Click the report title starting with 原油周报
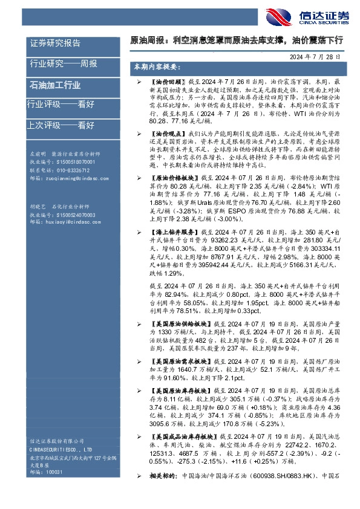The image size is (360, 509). [x=237, y=41]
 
